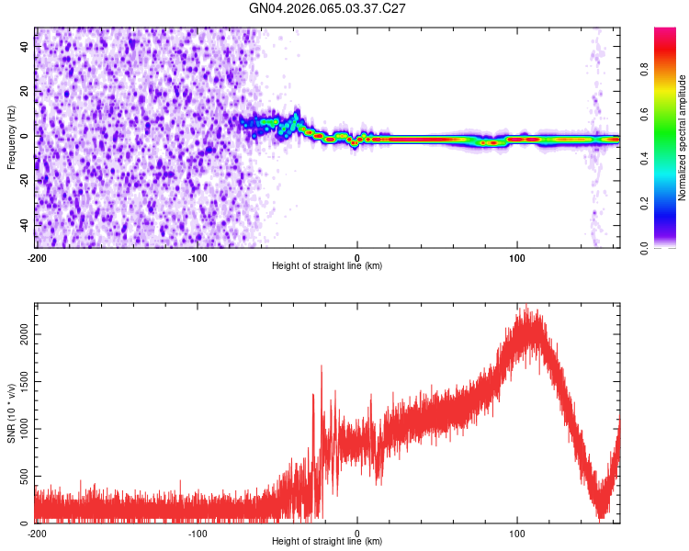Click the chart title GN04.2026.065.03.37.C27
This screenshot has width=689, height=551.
328,8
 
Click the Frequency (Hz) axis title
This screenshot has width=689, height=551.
11,138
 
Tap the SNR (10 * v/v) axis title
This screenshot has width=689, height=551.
11,413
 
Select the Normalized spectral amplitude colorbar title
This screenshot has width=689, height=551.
683,138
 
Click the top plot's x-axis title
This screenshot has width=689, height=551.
327,266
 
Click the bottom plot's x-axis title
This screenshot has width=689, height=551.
327,542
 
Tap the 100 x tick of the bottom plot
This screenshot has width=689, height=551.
517,533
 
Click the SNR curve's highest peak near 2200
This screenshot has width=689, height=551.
526,309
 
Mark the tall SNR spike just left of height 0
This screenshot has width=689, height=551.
322,366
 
